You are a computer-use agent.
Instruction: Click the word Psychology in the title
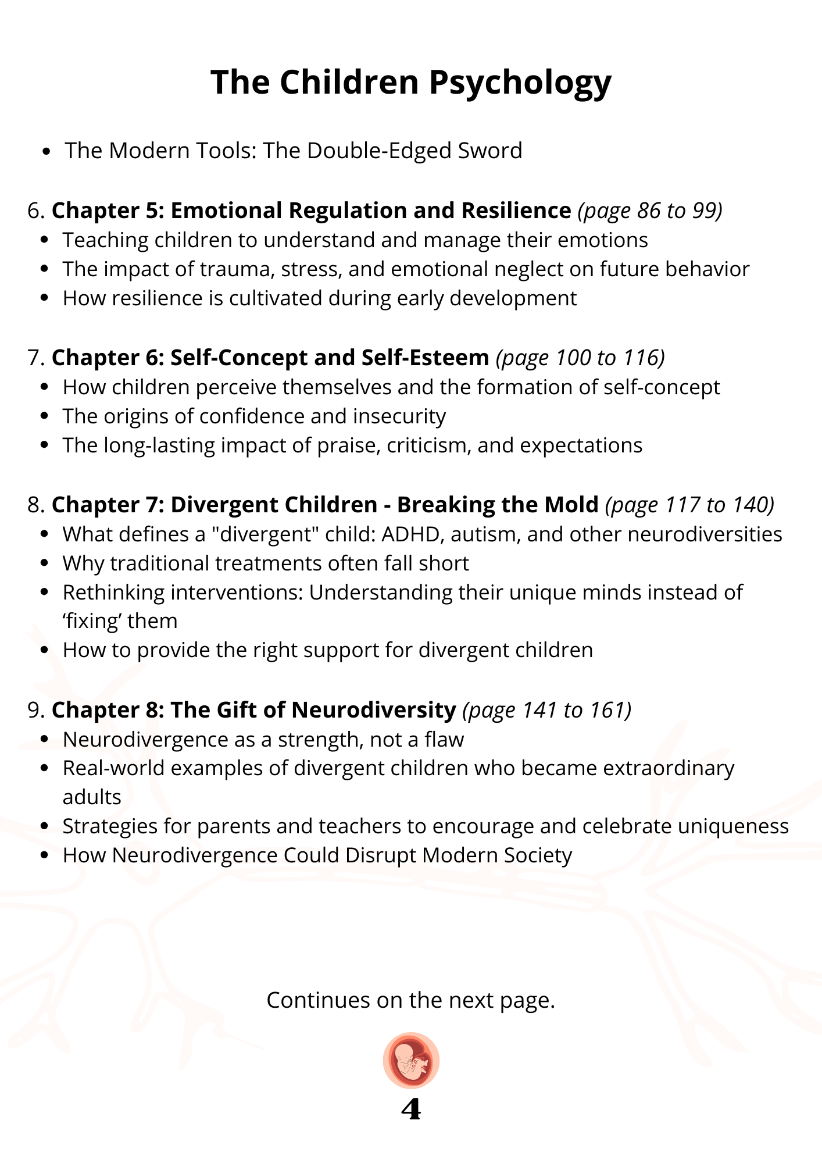click(x=520, y=83)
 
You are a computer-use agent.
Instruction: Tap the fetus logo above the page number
click(x=411, y=1060)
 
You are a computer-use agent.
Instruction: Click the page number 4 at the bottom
click(x=411, y=1110)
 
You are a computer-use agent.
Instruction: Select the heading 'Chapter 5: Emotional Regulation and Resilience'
click(x=311, y=211)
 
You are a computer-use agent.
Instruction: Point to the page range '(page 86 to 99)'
click(x=650, y=211)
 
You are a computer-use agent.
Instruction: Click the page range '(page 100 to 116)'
click(x=580, y=358)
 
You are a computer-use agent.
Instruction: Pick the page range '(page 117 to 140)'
click(x=690, y=505)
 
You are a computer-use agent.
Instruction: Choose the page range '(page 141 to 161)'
click(x=547, y=710)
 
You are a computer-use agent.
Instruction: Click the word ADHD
click(x=409, y=534)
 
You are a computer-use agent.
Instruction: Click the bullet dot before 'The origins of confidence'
click(x=45, y=417)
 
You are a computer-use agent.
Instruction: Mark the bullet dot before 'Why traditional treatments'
click(x=45, y=564)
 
